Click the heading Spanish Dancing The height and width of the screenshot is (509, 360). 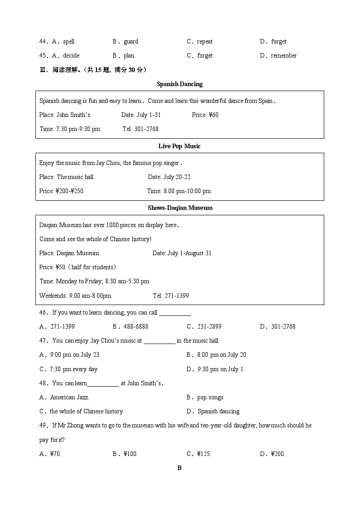[180, 84]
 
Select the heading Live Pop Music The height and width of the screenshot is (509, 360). [180, 146]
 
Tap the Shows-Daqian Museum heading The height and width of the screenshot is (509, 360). [180, 208]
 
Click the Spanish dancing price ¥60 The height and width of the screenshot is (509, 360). [205, 115]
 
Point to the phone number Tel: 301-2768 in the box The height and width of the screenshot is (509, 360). [141, 129]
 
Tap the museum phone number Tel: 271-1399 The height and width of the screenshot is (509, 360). [171, 296]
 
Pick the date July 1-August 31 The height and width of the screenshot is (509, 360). [182, 253]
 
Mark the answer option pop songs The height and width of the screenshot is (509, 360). [210, 397]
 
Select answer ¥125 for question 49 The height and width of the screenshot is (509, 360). [204, 454]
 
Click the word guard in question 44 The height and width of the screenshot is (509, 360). [131, 41]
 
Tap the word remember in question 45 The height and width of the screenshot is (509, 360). [284, 55]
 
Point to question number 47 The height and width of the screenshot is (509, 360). [44, 340]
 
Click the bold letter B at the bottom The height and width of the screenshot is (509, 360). [180, 468]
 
